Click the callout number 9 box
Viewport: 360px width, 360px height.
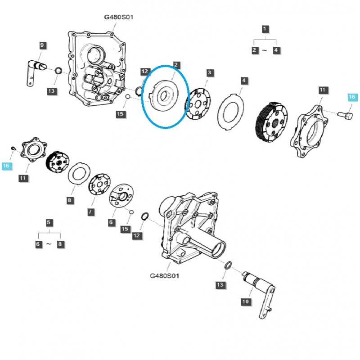click(x=42, y=45)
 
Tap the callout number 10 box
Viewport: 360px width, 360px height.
click(x=245, y=301)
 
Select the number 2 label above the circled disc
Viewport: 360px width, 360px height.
click(x=176, y=65)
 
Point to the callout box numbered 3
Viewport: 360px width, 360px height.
click(x=210, y=72)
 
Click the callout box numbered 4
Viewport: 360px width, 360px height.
click(x=244, y=81)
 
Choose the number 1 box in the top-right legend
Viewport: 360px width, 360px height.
click(x=265, y=29)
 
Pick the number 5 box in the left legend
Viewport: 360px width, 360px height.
click(x=49, y=222)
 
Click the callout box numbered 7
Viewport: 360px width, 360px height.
click(x=90, y=211)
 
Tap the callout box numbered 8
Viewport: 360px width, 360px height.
click(x=70, y=200)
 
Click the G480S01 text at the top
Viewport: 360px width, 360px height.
click(x=118, y=17)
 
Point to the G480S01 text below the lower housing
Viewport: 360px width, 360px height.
click(x=164, y=275)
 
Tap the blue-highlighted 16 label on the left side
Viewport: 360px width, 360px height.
click(x=6, y=166)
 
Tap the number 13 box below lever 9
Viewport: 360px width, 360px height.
click(x=51, y=92)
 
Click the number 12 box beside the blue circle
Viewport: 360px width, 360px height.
click(x=144, y=72)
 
